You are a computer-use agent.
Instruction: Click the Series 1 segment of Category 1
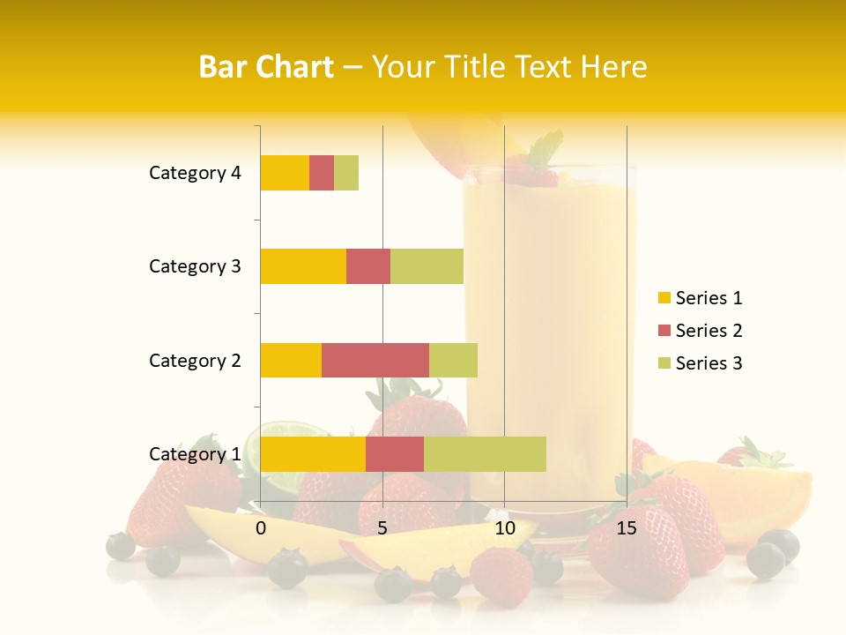tap(313, 454)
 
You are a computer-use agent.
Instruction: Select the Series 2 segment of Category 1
tap(395, 454)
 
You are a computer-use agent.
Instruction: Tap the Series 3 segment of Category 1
tap(485, 454)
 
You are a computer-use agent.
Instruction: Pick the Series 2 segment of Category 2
tap(375, 360)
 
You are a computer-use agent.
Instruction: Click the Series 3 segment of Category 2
tap(453, 360)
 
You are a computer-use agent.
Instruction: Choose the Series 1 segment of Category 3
tap(303, 266)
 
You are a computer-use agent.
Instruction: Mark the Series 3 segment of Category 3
tap(427, 266)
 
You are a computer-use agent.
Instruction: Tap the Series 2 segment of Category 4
tap(322, 173)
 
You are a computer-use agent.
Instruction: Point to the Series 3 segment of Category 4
tap(346, 173)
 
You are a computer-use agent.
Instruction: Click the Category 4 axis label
tap(195, 173)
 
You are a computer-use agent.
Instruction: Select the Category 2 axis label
tap(195, 360)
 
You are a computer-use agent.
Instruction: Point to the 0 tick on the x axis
tap(261, 528)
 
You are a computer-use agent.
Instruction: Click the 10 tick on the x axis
tap(504, 528)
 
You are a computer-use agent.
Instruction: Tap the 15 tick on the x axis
tap(627, 528)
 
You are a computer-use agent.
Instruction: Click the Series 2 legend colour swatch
tap(664, 331)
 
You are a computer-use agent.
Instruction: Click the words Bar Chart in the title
tap(266, 67)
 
